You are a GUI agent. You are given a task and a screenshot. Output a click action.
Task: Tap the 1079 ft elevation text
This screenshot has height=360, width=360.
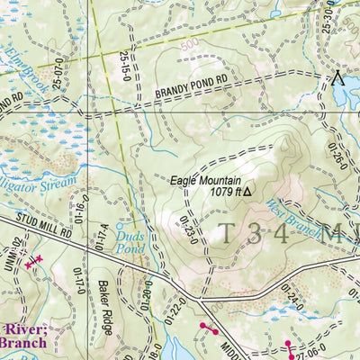tap(222, 192)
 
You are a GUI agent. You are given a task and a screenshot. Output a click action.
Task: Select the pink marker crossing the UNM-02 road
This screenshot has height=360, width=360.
tap(33, 261)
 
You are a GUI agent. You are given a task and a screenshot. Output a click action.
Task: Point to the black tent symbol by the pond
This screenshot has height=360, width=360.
tap(339, 77)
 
